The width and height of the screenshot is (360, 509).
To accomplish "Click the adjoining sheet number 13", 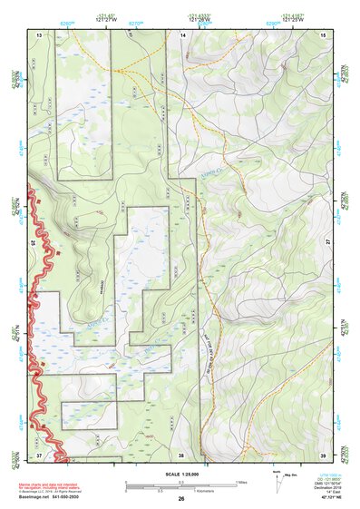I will [x=39, y=34].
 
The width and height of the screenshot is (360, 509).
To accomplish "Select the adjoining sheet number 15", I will [x=324, y=34].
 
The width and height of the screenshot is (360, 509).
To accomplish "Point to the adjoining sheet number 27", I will [x=328, y=243].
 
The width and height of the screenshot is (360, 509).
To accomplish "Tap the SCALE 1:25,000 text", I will [x=181, y=472].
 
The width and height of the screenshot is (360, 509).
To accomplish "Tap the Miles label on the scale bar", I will [x=239, y=482].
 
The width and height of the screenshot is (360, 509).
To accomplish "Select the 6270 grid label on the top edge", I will [x=136, y=19].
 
